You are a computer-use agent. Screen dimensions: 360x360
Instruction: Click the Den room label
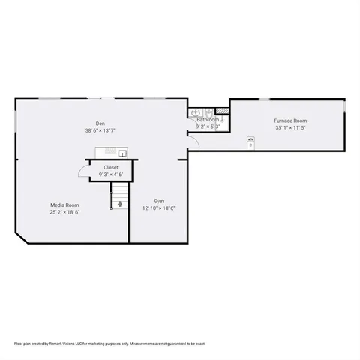pos(100,124)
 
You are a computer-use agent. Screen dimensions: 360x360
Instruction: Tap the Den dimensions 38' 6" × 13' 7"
pos(100,131)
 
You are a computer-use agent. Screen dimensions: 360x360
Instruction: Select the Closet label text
pos(111,167)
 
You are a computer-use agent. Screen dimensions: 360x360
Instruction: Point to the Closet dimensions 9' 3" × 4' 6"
pos(111,175)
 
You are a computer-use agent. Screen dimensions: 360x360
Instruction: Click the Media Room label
pos(64,205)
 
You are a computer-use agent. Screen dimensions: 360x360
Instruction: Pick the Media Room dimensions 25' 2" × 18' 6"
pos(64,212)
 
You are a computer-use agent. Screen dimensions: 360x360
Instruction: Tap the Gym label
pos(159,201)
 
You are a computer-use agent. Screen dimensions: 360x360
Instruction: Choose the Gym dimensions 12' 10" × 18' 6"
pos(159,208)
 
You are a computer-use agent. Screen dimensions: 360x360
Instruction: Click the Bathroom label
pos(208,120)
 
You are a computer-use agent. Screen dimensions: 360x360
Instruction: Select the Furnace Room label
pos(291,121)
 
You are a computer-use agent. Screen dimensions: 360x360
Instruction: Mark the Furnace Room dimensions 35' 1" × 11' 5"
pos(291,128)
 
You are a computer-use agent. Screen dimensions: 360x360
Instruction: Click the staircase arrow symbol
pos(119,203)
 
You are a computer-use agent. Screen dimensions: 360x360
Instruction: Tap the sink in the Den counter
pos(122,154)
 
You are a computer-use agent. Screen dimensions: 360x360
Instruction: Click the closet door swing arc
pos(83,174)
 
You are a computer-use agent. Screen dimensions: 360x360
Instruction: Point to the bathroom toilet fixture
pos(223,120)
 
